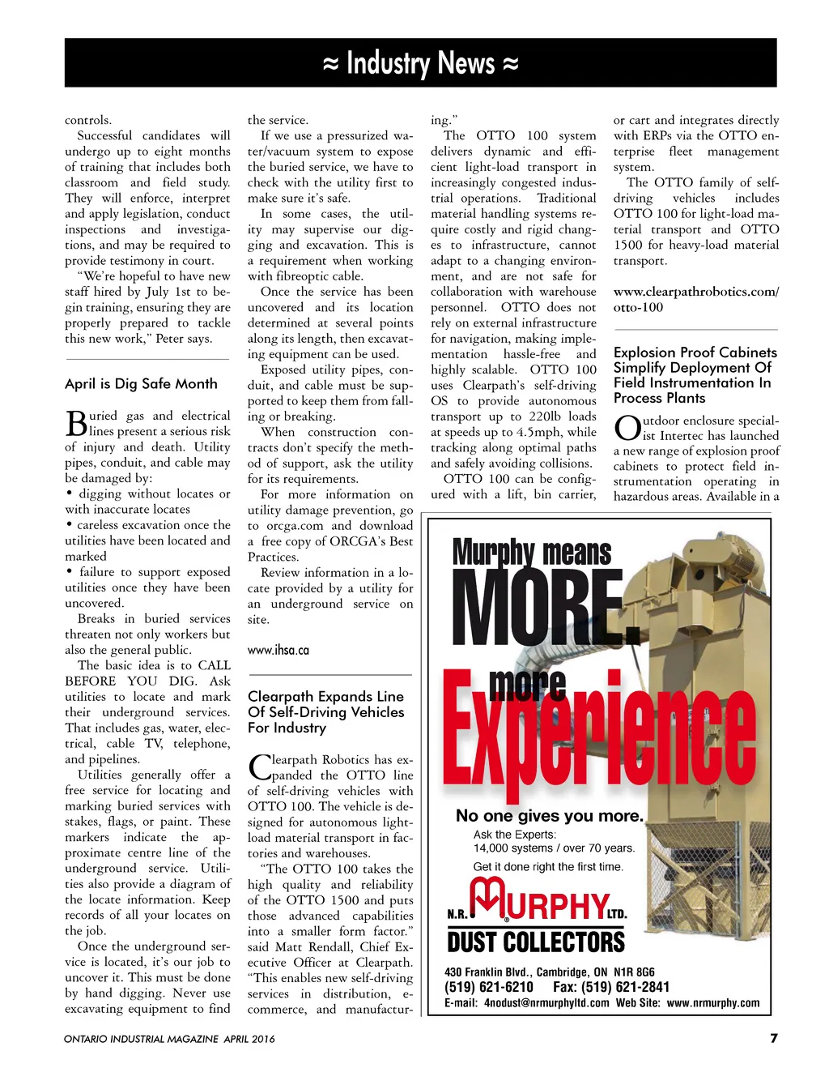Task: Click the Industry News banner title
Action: pos(420,63)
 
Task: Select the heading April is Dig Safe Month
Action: pos(141,384)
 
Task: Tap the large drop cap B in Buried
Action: pos(76,424)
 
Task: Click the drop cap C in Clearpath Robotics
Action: pos(259,767)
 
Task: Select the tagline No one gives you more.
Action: pos(549,816)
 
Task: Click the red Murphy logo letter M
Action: pos(488,899)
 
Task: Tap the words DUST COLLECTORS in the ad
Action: pos(536,942)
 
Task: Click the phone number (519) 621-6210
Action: pos(489,987)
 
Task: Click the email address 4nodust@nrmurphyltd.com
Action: pos(546,1003)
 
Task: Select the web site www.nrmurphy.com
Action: pos(712,1003)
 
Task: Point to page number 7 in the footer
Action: pos(773,1038)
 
